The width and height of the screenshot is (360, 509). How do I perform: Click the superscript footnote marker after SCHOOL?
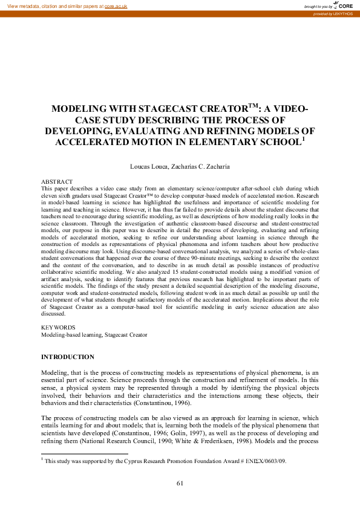coord(303,139)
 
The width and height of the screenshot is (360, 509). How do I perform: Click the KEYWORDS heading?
coord(56,328)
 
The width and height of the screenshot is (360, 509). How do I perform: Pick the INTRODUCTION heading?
coord(67,357)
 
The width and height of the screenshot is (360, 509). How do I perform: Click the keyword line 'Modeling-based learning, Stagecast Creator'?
coord(93,334)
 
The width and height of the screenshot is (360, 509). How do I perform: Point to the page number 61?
coord(180,482)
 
